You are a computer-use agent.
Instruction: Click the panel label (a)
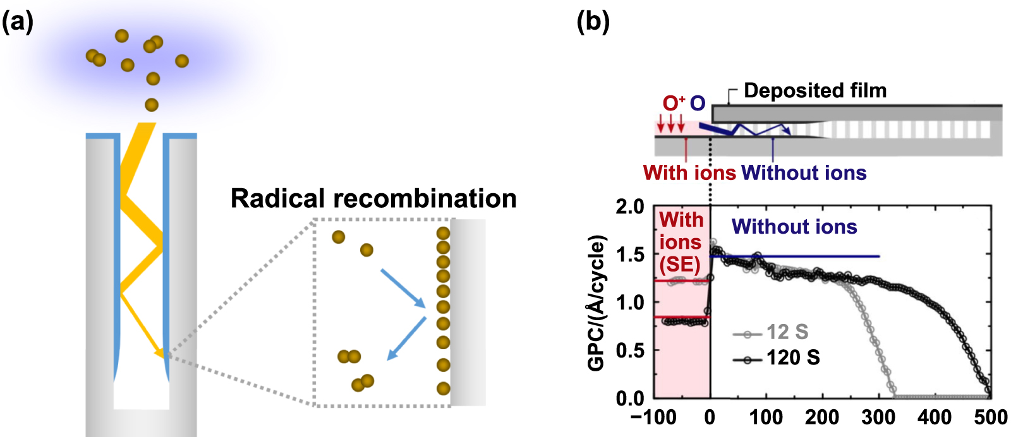coord(17,23)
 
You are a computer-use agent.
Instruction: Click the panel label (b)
coord(593,23)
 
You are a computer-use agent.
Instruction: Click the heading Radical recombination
coord(373,198)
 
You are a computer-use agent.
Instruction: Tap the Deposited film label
coord(815,91)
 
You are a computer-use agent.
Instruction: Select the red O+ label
coord(674,103)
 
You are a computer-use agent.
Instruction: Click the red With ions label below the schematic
coord(689,172)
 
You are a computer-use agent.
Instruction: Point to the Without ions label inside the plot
coord(794,227)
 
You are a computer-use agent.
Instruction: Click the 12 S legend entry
coord(787,332)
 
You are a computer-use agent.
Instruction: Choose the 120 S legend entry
coord(792,358)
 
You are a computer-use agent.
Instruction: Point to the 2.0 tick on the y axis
coord(629,207)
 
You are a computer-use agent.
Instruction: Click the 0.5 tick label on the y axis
coord(629,350)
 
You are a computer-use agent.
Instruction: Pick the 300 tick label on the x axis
coord(878,417)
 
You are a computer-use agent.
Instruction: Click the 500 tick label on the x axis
coord(990,417)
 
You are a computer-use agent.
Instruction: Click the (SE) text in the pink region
coord(680,264)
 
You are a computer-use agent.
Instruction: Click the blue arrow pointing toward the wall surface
coord(403,288)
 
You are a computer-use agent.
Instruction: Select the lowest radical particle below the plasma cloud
coord(151,105)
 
